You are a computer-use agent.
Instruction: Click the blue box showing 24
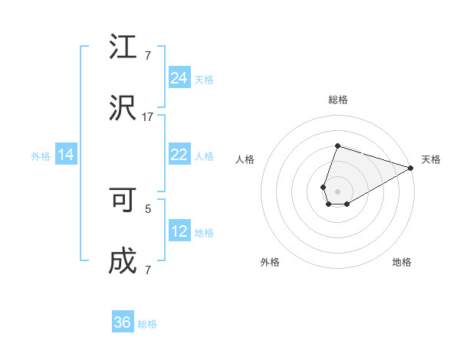pyautogui.click(x=179, y=78)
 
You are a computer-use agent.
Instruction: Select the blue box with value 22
pyautogui.click(x=179, y=155)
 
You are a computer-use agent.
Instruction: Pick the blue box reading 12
pyautogui.click(x=179, y=231)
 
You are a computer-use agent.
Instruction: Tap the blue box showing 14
pyautogui.click(x=66, y=155)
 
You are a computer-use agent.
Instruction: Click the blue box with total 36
pyautogui.click(x=123, y=322)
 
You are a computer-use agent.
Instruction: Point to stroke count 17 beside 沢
pyautogui.click(x=148, y=116)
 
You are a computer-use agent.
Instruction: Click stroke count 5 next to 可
pyautogui.click(x=148, y=208)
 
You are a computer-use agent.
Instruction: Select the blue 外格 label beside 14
pyautogui.click(x=41, y=156)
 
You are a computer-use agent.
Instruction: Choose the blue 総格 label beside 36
pyautogui.click(x=147, y=324)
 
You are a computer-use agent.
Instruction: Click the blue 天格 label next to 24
pyautogui.click(x=204, y=80)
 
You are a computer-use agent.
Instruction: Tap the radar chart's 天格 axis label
pyautogui.click(x=431, y=159)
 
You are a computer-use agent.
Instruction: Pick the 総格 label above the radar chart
pyautogui.click(x=337, y=100)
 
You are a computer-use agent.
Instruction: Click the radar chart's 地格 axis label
pyautogui.click(x=402, y=262)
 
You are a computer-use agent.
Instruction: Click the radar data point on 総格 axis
pyautogui.click(x=337, y=146)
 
